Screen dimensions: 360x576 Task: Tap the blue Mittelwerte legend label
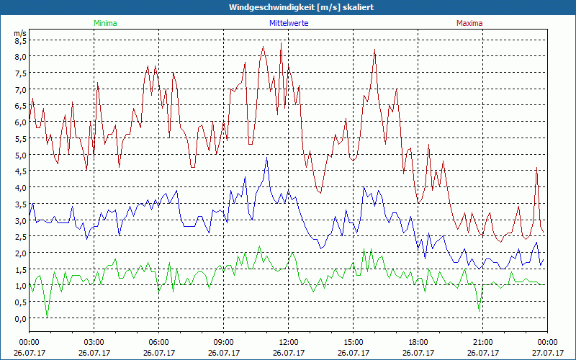click(288, 23)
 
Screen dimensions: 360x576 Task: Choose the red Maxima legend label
click(469, 23)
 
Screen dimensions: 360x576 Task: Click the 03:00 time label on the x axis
click(94, 342)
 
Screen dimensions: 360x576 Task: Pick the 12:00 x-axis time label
click(288, 342)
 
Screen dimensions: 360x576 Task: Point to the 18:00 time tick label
click(418, 342)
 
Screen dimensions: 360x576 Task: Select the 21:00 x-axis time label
click(482, 342)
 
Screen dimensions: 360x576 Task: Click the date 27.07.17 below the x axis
click(547, 353)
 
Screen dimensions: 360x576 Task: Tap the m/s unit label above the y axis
click(20, 33)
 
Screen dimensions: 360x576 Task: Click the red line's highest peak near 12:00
click(281, 43)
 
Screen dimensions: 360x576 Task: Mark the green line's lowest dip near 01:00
click(47, 316)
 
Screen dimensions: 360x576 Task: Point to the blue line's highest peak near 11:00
click(266, 158)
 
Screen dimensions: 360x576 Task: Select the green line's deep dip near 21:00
click(480, 310)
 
